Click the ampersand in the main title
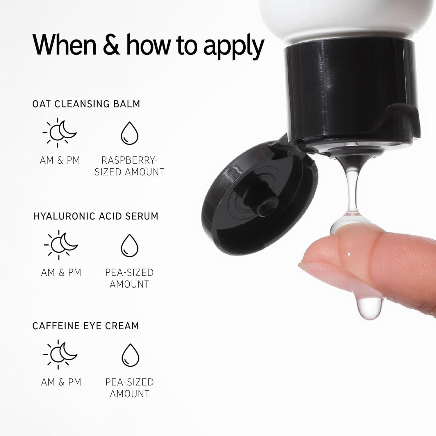tap(111, 45)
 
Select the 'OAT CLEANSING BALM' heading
tap(86, 104)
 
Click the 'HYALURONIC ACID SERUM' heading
tap(96, 216)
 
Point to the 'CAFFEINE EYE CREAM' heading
tap(85, 326)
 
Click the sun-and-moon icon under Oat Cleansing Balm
tap(60, 133)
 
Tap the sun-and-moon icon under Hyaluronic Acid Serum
tap(61, 245)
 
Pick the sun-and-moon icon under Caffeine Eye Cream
tap(60, 354)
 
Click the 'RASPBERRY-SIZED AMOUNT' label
tap(129, 166)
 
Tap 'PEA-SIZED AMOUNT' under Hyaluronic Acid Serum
tap(129, 278)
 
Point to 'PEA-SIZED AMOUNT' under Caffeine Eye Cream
tap(130, 388)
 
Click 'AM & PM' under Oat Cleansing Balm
tap(60, 160)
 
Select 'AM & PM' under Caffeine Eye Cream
tap(61, 382)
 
